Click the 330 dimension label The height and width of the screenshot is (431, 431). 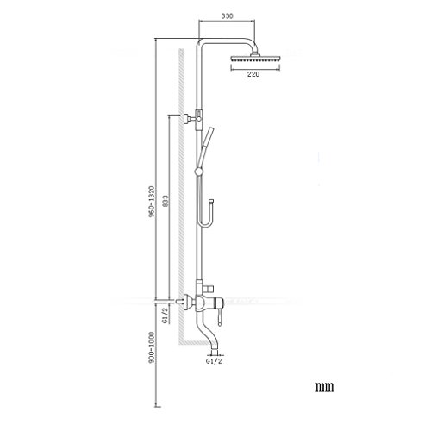(x=227, y=16)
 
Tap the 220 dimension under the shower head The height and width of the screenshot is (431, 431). (x=253, y=74)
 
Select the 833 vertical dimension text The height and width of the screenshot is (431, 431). (x=165, y=201)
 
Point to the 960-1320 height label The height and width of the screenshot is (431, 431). (x=152, y=201)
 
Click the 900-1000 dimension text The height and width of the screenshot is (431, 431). (x=152, y=347)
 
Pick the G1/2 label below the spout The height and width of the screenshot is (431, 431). (x=214, y=361)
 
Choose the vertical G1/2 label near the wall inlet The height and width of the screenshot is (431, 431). (x=165, y=315)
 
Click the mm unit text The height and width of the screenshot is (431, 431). (x=325, y=387)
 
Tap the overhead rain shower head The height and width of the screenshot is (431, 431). (x=255, y=59)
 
